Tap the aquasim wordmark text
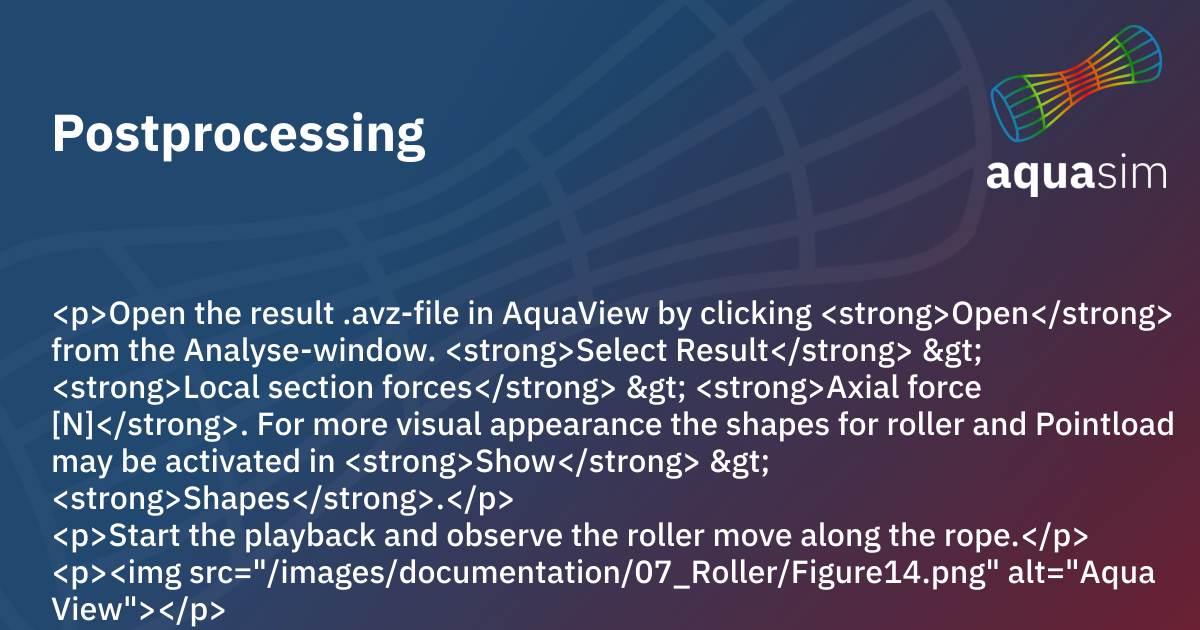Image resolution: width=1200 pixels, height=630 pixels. [x=1077, y=174]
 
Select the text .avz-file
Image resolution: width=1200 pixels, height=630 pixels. [x=397, y=315]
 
